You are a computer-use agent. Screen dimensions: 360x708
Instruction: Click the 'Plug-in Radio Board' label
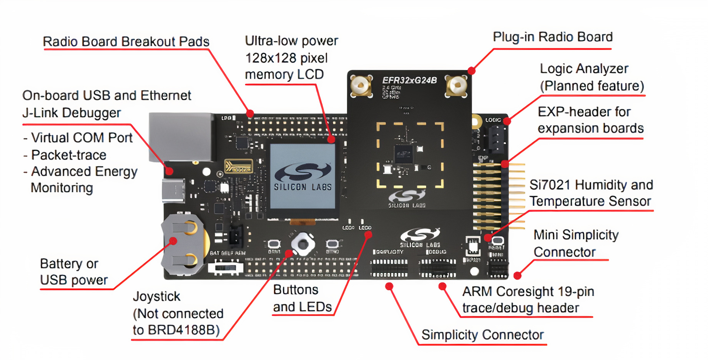tap(552, 37)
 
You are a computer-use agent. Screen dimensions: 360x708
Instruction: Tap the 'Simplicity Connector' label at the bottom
tap(482, 335)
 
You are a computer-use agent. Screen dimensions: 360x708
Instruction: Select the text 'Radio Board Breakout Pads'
tap(126, 42)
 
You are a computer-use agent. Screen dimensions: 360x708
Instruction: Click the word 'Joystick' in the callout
tap(156, 297)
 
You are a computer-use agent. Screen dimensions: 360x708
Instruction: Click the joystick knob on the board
tap(303, 244)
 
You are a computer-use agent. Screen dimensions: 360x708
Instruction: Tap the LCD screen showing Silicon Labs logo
tap(302, 177)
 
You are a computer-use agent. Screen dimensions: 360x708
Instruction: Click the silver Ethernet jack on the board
tap(181, 137)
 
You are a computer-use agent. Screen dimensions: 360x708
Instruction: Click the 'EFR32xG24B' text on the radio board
tap(409, 80)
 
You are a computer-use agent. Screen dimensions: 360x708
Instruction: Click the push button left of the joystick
tap(274, 244)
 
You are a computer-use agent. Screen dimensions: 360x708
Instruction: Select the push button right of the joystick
tap(332, 244)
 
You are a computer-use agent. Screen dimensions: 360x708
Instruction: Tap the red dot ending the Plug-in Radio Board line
tap(472, 71)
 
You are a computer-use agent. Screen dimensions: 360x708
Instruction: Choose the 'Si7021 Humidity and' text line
tap(591, 185)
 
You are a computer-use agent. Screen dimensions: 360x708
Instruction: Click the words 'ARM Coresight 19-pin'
tap(528, 292)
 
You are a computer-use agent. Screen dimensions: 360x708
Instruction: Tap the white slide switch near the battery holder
tap(226, 267)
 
